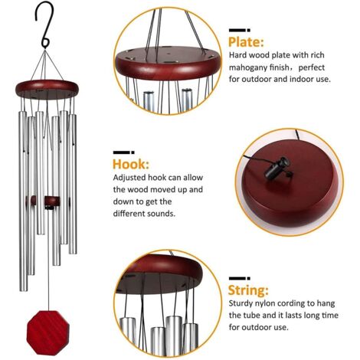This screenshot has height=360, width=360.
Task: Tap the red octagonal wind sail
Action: (48, 332)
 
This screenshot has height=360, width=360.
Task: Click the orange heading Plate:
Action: (246, 42)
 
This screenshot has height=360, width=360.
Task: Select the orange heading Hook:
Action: (131, 164)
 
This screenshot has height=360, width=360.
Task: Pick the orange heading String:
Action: (248, 290)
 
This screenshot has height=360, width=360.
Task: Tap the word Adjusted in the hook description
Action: (129, 178)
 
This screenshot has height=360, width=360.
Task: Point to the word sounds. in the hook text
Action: (162, 214)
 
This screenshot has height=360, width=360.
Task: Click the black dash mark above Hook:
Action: (123, 152)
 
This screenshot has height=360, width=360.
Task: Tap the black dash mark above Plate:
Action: (239, 30)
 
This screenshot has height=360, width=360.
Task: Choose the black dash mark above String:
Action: (239, 278)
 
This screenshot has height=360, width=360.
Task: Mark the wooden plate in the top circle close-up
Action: (168, 63)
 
